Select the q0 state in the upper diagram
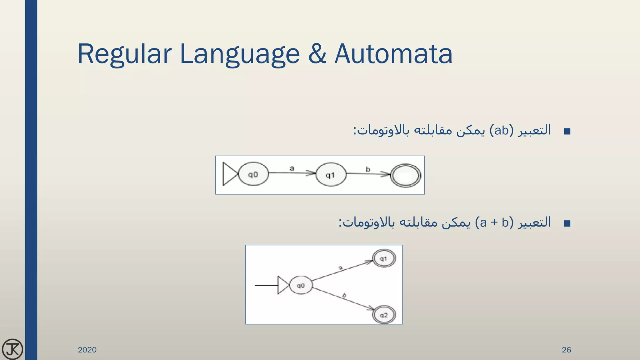[253, 174]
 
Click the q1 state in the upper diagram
[331, 175]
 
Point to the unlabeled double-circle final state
[406, 176]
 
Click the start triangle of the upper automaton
[229, 174]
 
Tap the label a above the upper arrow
[292, 168]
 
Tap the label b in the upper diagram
[368, 169]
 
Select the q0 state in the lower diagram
[301, 285]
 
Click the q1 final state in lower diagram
[384, 259]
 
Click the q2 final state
[384, 315]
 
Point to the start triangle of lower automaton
[282, 285]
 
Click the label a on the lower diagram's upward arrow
[341, 268]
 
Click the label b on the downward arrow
[344, 295]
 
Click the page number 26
[566, 350]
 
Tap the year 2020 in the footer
[87, 350]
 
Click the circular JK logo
[12, 349]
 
